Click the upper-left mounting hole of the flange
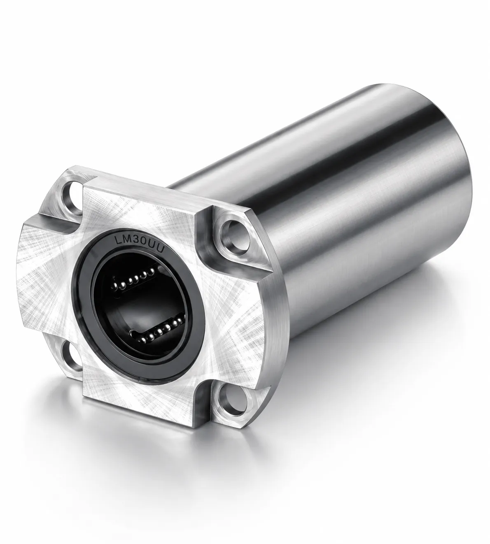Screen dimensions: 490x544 point(73,194)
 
